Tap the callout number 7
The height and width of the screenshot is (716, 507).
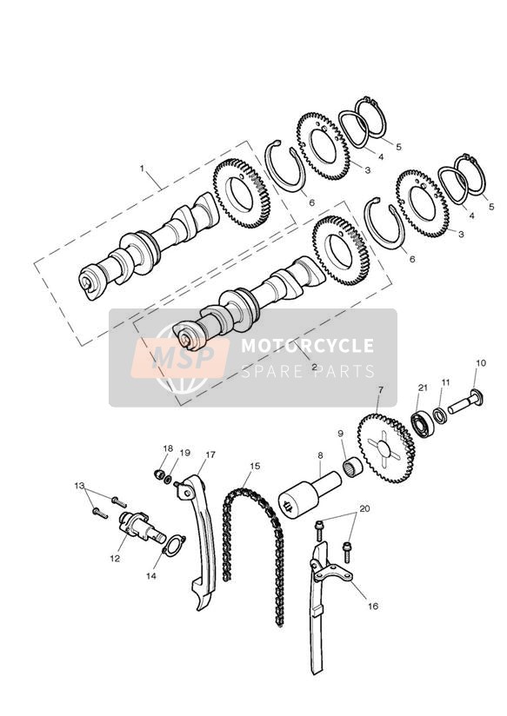(380, 389)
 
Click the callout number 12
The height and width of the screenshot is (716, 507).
(114, 558)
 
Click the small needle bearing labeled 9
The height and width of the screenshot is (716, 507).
(352, 467)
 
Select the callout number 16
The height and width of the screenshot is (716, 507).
(373, 606)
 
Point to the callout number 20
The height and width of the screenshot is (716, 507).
(364, 508)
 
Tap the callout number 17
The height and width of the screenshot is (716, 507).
(210, 454)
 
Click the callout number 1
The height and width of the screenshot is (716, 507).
(142, 169)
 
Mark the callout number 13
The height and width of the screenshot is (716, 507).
(79, 485)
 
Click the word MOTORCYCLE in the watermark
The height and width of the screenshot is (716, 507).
(307, 345)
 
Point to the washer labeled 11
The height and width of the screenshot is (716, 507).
(440, 416)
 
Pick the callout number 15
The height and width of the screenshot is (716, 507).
(255, 466)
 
